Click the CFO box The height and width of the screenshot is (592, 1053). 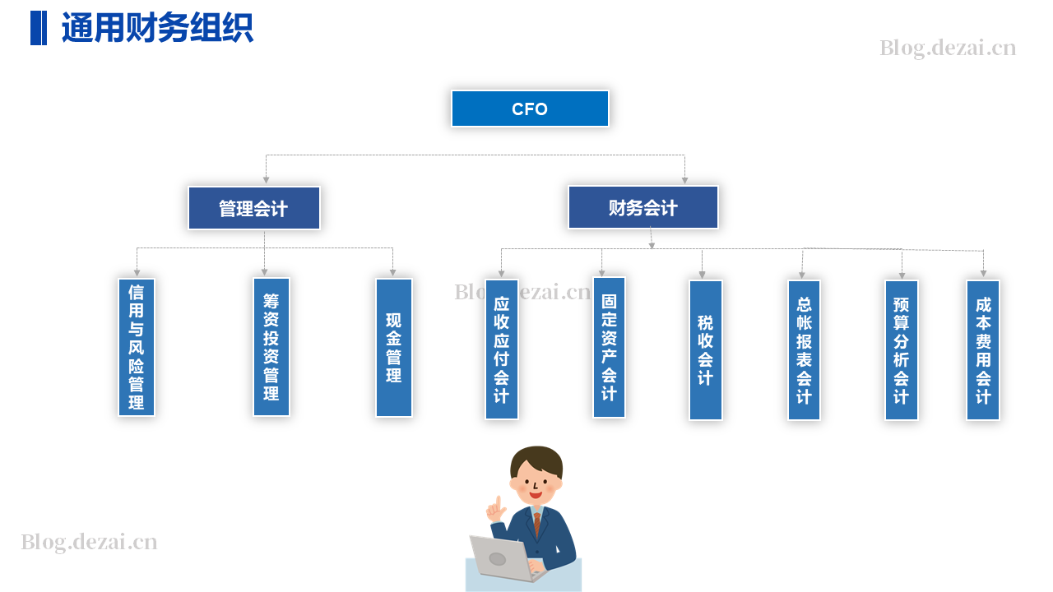[x=530, y=109]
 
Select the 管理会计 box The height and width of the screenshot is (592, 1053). [x=254, y=208]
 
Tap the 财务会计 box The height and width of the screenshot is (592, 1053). [x=643, y=207]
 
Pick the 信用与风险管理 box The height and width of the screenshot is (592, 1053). [x=137, y=347]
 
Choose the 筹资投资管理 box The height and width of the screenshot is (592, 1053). [x=271, y=347]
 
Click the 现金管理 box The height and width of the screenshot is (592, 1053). [x=394, y=348]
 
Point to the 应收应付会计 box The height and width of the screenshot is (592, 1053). [x=502, y=349]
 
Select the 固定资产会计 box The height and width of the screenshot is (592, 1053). [x=610, y=347]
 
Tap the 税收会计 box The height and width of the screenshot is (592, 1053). [x=706, y=350]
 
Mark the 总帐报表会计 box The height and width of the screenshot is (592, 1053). [x=804, y=350]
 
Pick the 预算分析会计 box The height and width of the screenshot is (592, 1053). [x=901, y=350]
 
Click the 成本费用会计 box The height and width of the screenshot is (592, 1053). [x=983, y=350]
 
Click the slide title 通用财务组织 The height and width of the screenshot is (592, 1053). [x=157, y=28]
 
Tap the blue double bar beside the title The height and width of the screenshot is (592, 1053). [x=39, y=28]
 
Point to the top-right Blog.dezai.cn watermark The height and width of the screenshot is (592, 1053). [x=948, y=48]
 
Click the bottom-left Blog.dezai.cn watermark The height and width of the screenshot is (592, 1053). [x=89, y=542]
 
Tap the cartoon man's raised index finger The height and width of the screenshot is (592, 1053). [x=498, y=502]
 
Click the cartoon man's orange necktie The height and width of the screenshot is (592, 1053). [x=537, y=525]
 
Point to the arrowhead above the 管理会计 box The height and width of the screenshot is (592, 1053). [x=266, y=180]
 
